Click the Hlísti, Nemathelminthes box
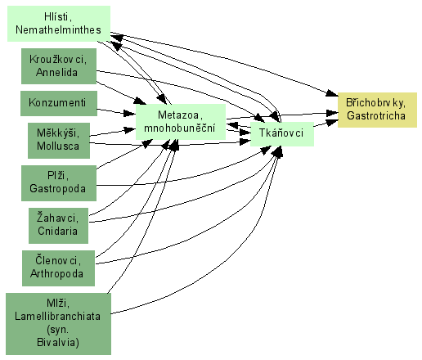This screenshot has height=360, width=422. tap(59, 24)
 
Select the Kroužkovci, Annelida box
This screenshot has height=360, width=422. tap(59, 66)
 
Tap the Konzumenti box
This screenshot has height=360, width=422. tap(59, 103)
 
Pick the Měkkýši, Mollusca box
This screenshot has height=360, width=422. tap(59, 141)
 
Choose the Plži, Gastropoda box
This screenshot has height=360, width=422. tap(59, 183)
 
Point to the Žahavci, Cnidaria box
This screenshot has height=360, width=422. tap(58, 226)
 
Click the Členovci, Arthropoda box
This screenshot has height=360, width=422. tap(58, 268)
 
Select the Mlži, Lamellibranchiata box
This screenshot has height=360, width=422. tap(58, 324)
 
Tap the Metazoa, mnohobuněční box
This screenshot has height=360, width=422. tap(181, 122)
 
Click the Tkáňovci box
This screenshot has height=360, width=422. tap(282, 134)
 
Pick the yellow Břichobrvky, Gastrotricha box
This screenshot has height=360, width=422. tap(377, 110)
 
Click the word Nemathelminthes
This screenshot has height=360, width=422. tap(58, 29)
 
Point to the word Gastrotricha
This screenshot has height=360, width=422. tap(376, 115)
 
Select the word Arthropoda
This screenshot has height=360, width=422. tap(57, 273)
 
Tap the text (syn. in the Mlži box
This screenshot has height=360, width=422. tap(58, 330)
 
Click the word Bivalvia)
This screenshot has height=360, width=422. tap(58, 342)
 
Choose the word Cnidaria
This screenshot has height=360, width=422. tap(57, 231)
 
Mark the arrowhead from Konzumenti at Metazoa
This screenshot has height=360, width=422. tap(129, 113)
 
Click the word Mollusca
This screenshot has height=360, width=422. tap(58, 146)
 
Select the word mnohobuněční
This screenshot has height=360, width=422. tap(180, 128)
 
